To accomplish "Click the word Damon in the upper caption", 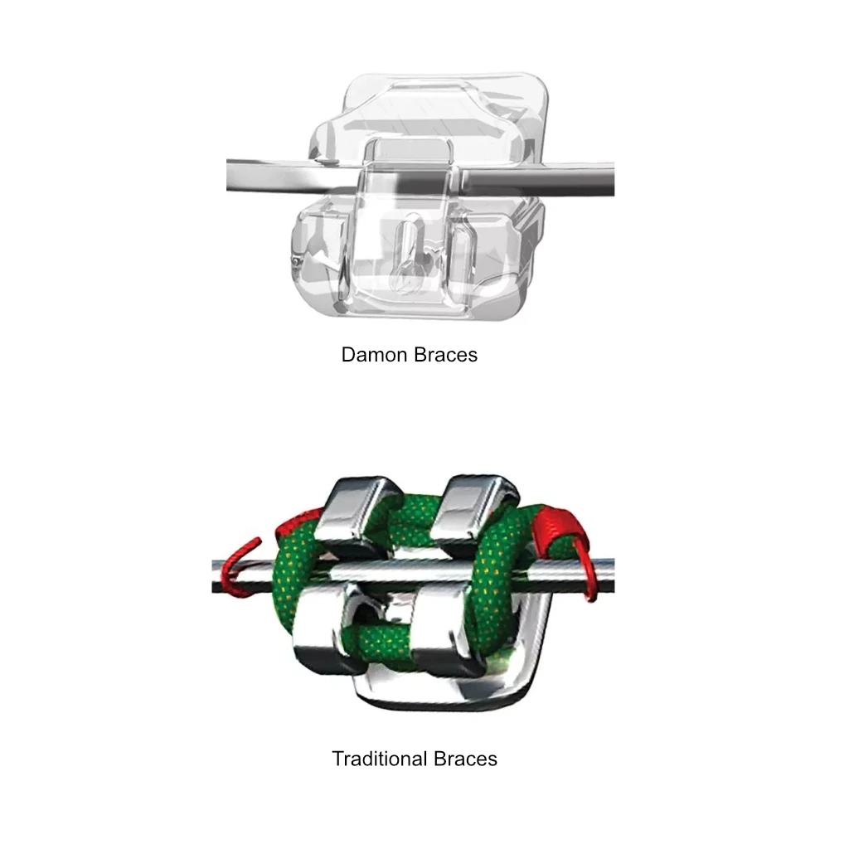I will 374,355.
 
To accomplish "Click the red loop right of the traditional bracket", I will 572,547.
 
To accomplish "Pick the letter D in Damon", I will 348,355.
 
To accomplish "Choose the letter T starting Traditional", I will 337,759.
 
